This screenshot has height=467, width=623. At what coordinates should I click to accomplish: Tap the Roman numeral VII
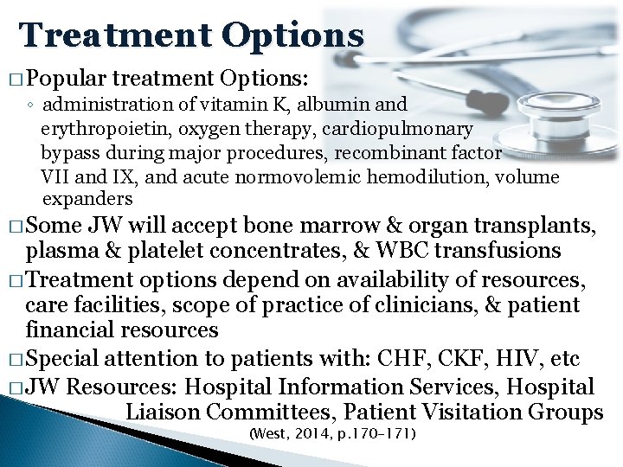(55, 178)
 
